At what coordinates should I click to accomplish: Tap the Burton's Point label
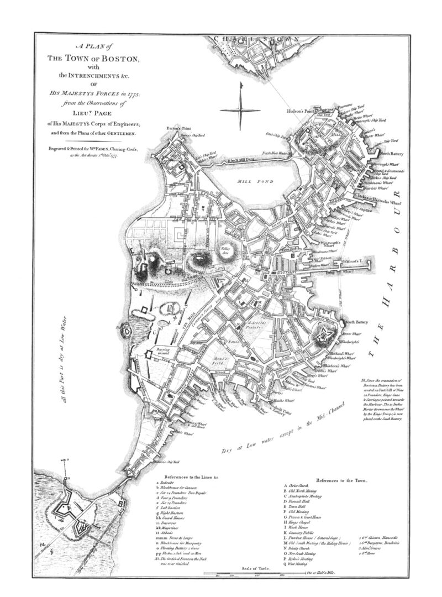pos(174,128)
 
